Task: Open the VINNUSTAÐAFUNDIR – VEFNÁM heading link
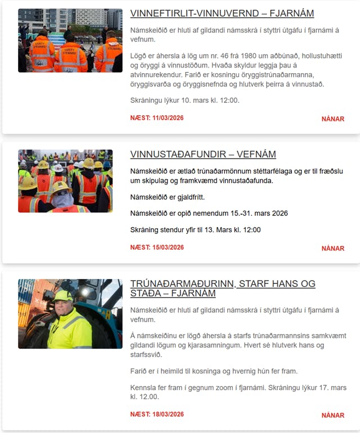[203, 154]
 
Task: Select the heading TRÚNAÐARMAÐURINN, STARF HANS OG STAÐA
[223, 288]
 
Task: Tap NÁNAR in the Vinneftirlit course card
[332, 119]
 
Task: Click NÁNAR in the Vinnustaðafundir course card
[332, 248]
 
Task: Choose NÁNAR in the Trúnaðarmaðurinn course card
[332, 415]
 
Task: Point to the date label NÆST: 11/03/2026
[157, 118]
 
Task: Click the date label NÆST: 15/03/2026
[157, 247]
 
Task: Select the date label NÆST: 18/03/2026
[157, 414]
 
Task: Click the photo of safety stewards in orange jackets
[70, 40]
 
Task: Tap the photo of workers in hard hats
[65, 181]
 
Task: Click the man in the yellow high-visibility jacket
[69, 321]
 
